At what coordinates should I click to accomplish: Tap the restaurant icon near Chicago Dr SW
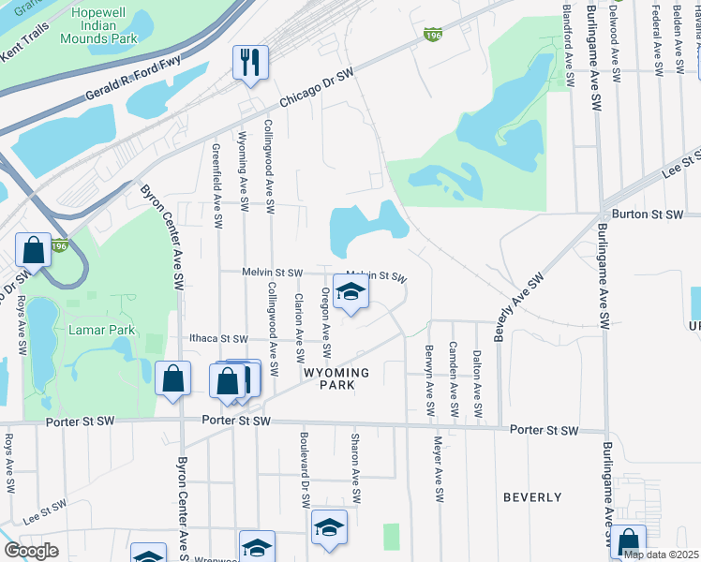250,63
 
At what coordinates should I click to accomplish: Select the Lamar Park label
102,330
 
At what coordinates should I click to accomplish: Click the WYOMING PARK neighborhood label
336,378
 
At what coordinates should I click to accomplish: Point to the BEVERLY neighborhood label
531,496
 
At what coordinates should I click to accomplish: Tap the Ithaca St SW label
217,339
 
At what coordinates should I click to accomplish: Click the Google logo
31,550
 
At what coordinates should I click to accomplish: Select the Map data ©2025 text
662,555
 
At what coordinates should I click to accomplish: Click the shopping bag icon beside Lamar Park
34,251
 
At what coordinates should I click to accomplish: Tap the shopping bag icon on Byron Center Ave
173,379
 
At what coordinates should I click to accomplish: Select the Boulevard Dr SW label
305,464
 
